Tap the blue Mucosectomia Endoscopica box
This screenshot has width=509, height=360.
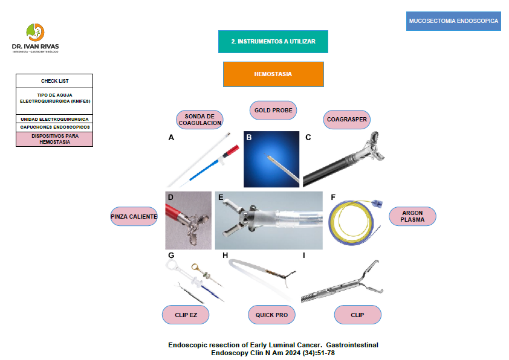tap(453, 21)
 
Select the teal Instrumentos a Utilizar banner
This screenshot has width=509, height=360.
tap(273, 42)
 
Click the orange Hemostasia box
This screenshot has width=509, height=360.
tap(273, 74)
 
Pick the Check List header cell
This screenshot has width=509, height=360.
tap(54, 81)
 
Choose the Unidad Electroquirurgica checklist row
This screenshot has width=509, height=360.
tap(54, 119)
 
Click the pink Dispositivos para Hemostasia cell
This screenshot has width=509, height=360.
tap(54, 139)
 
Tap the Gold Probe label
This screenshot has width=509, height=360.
tap(273, 110)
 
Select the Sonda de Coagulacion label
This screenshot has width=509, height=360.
tap(199, 119)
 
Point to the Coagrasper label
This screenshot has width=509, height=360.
tap(347, 119)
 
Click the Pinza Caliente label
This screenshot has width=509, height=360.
tap(134, 216)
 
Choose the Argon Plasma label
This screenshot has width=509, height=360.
tap(412, 216)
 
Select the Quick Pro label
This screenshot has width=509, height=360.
tap(271, 315)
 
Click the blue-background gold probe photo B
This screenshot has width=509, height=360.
tap(271, 159)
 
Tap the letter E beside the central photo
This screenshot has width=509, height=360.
tap(221, 197)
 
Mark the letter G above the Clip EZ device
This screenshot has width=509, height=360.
tap(171, 256)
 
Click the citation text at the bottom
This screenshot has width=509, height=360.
tap(273, 349)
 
